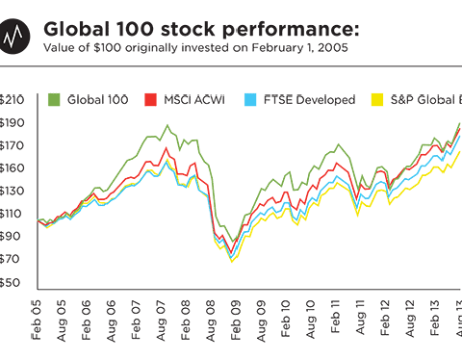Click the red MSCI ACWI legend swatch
pyautogui.click(x=150, y=100)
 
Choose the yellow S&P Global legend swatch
pyautogui.click(x=377, y=100)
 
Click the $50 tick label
pyautogui.click(x=13, y=282)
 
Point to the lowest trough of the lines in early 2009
pyautogui.click(x=232, y=256)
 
